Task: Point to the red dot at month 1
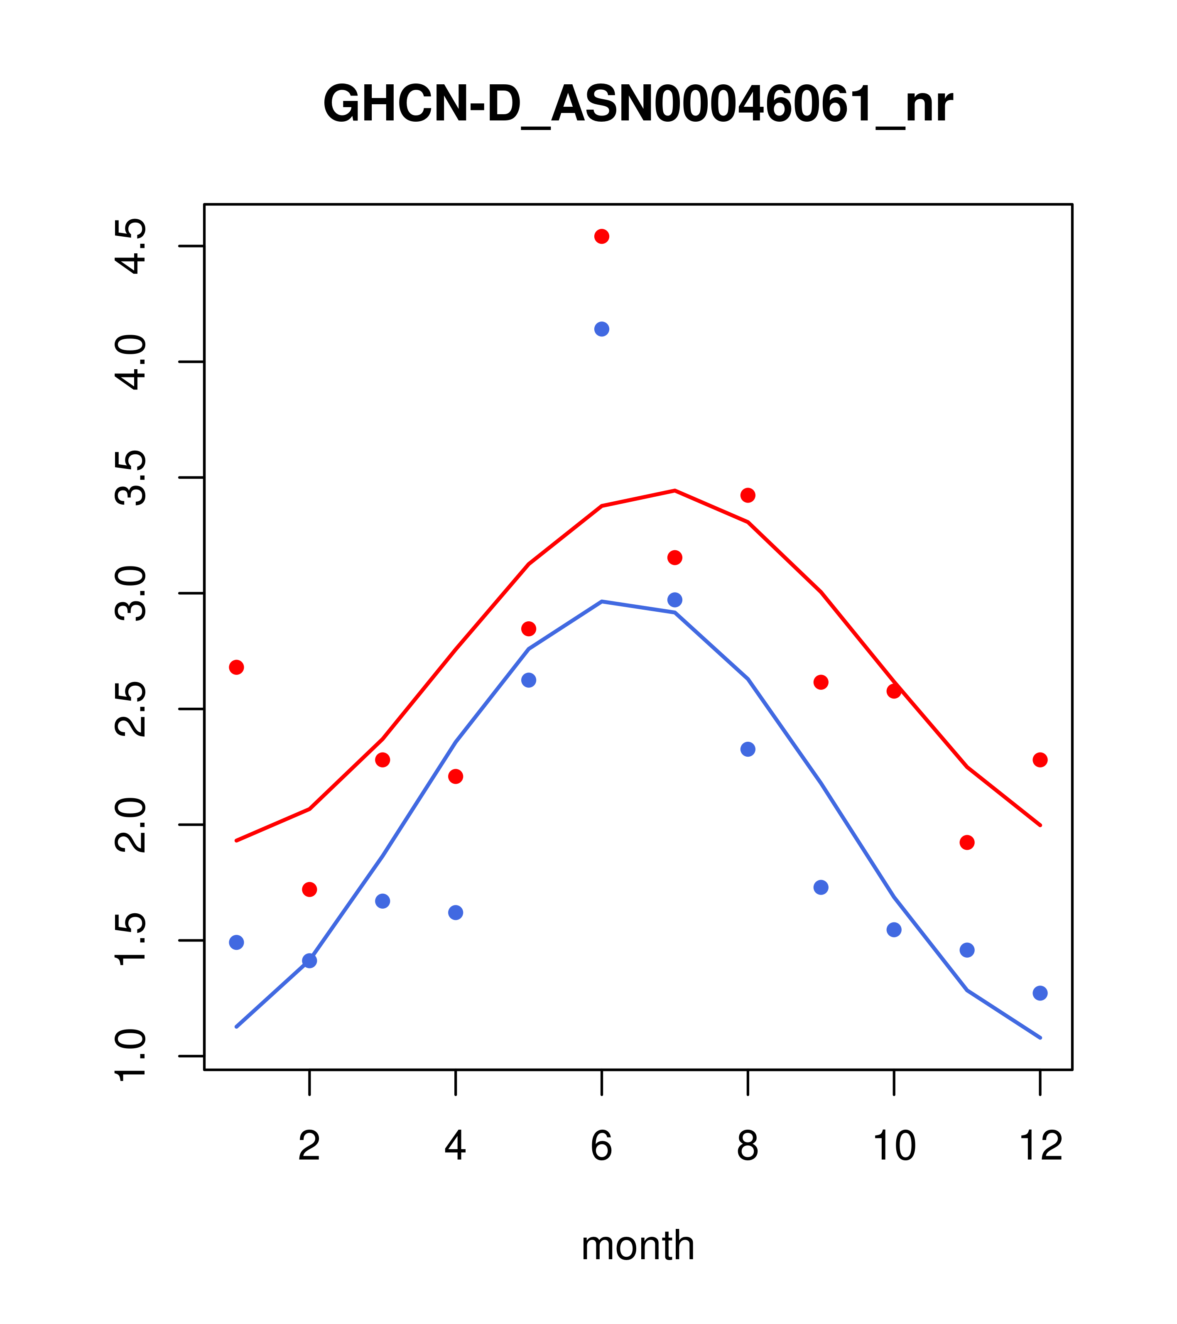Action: (236, 667)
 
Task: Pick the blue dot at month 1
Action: (236, 942)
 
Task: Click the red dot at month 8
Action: (748, 495)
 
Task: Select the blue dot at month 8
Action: (748, 749)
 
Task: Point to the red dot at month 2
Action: (310, 889)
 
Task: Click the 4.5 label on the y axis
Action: (130, 247)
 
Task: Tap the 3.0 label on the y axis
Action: (130, 593)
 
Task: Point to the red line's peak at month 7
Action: (674, 490)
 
